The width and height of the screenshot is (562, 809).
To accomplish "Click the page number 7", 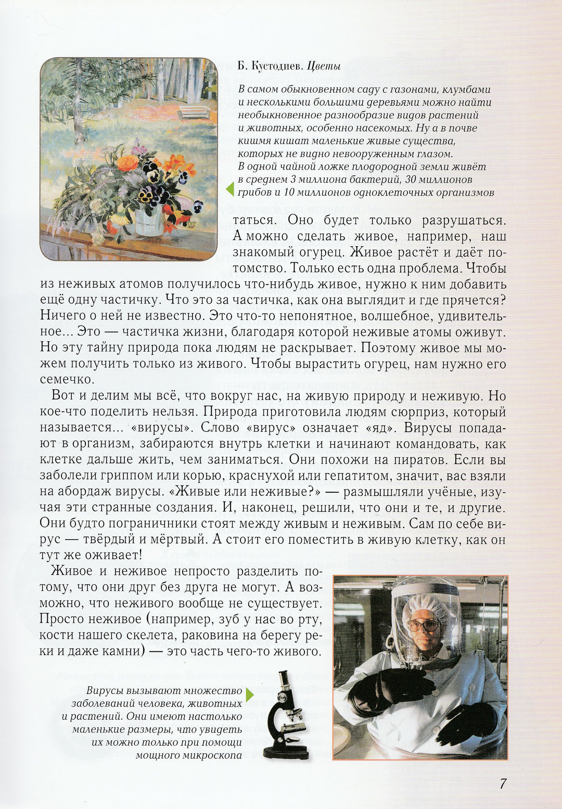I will pyautogui.click(x=503, y=784).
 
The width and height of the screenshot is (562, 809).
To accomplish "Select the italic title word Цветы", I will pyautogui.click(x=324, y=67).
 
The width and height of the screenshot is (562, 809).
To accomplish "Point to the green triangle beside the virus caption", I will pyautogui.click(x=250, y=695).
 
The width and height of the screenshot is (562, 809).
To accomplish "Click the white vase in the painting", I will pyautogui.click(x=149, y=221).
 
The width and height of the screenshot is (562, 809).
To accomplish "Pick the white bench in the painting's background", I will pyautogui.click(x=194, y=112).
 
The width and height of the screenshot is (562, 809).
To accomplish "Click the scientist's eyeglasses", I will pyautogui.click(x=422, y=624).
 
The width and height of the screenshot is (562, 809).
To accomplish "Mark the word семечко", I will pyautogui.click(x=66, y=379).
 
